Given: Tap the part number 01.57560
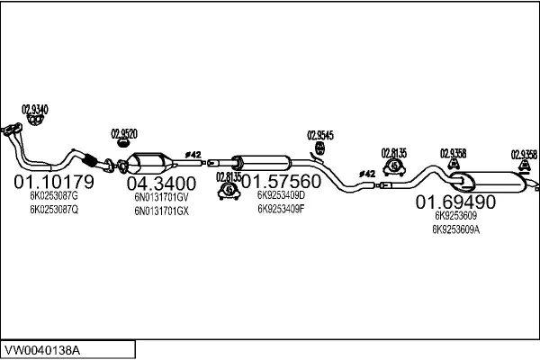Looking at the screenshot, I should point(280,179).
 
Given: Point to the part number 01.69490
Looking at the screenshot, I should point(455,202).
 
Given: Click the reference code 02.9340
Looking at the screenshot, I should point(34,109).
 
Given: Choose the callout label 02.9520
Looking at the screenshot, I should point(123,134).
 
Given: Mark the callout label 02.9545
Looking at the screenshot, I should point(320,135).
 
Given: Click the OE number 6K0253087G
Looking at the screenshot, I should point(54,195).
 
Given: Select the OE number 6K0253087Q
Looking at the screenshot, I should point(54,210).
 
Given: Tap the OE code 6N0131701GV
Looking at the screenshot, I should point(161,197).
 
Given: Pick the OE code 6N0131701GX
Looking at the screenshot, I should point(161,211).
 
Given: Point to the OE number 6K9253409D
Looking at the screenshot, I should point(281,193).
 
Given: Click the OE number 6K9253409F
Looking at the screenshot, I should point(281,208).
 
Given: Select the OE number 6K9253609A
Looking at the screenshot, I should point(456,229).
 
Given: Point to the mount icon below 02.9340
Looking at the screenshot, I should point(35,121).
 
